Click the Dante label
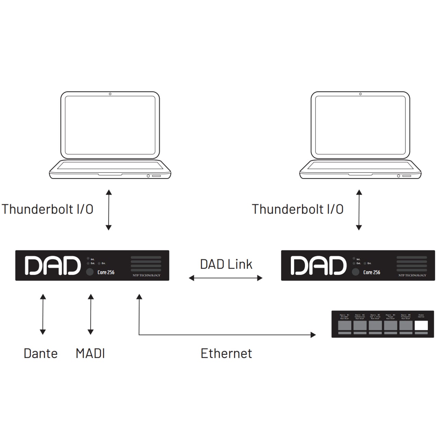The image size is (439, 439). tap(40, 353)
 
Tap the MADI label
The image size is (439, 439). tap(90, 353)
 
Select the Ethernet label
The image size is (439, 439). tap(226, 353)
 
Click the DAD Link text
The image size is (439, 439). tap(226, 264)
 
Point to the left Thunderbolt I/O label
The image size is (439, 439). tap(47, 209)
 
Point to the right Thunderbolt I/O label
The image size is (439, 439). tap(298, 209)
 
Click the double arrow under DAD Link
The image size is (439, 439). tap(226, 278)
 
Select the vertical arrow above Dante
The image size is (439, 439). tap(43, 314)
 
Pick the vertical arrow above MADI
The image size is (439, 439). tap(91, 314)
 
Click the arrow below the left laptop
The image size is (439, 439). tap(109, 210)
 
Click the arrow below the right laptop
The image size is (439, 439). tap(359, 210)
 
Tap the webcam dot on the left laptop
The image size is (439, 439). tap(110, 94)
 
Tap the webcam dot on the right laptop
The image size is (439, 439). tap(360, 94)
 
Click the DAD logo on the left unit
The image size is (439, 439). tap(52, 266)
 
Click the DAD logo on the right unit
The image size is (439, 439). tap(318, 266)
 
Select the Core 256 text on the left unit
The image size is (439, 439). tap(106, 272)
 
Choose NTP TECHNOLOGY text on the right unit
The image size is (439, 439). tap(412, 275)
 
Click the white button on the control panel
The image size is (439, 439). tap(421, 325)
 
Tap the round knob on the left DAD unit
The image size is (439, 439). tap(90, 272)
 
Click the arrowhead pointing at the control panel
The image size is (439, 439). tap(313, 335)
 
